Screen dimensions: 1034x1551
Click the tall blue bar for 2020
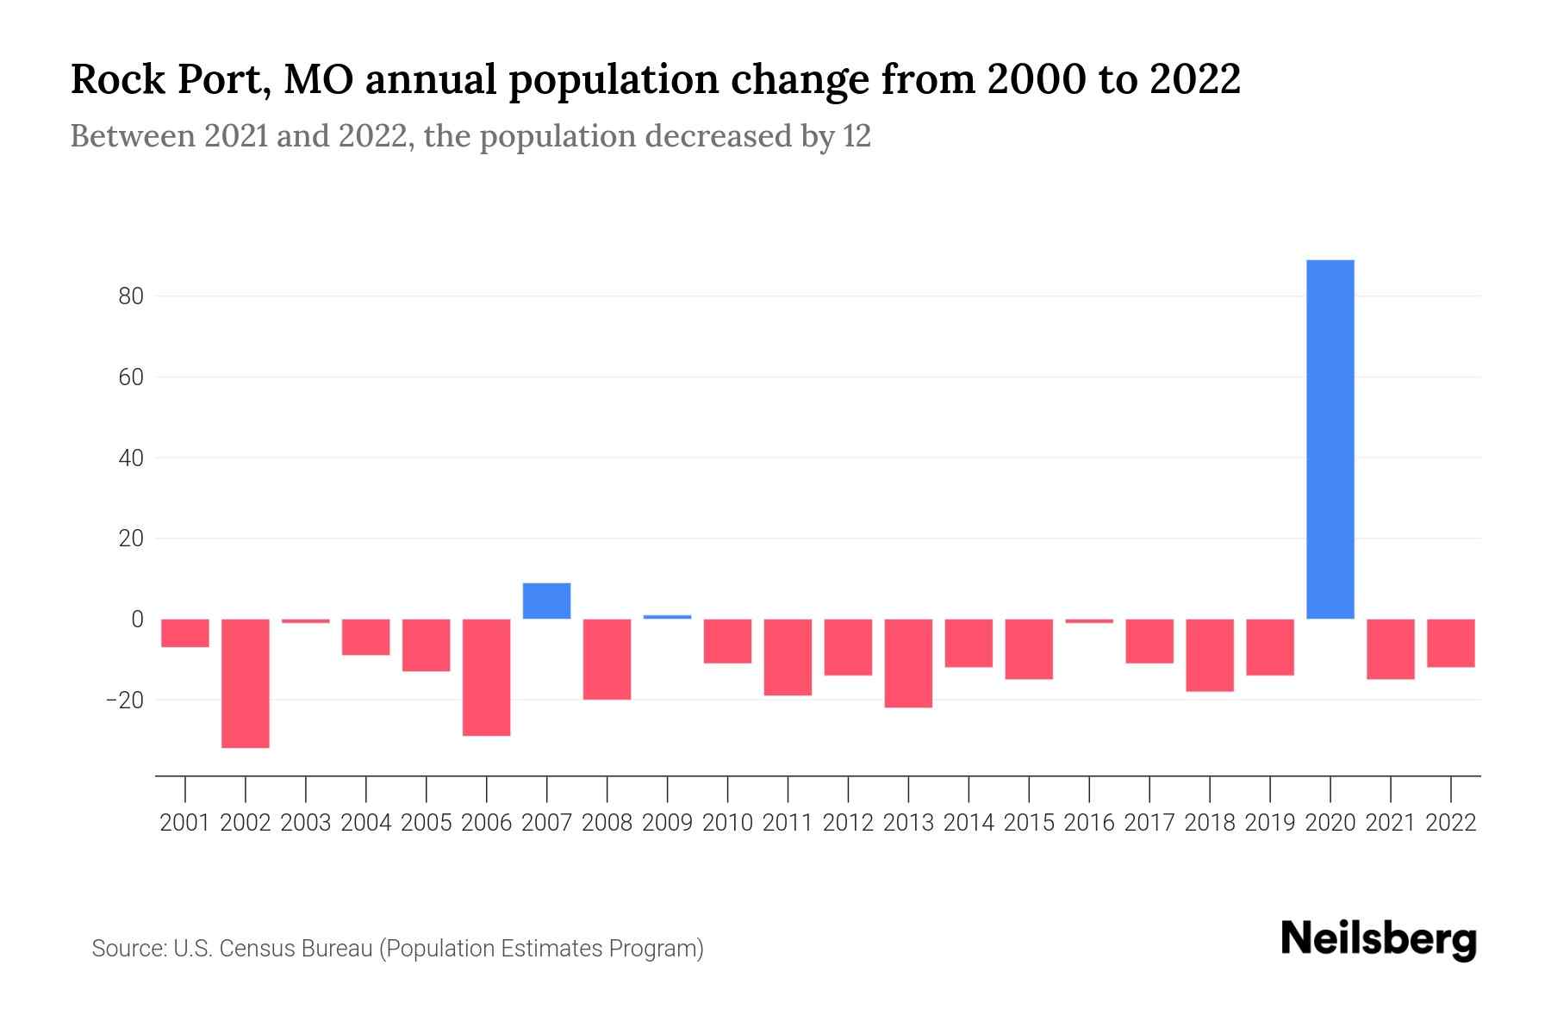[1330, 439]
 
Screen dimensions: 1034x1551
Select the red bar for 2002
[246, 682]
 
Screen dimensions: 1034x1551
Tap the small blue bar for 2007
[546, 601]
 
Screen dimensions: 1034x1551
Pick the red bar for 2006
[487, 676]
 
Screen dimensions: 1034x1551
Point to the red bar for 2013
[908, 663]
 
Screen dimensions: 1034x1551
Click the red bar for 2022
[1451, 643]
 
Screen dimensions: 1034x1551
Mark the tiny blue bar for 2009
[667, 616]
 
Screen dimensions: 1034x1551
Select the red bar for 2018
[1210, 655]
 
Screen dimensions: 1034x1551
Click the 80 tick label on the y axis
[131, 296]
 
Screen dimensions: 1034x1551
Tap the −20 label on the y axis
[125, 700]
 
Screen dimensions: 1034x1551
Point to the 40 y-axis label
[131, 458]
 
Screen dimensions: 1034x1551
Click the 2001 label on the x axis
[185, 823]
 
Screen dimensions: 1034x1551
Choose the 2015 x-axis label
[1029, 823]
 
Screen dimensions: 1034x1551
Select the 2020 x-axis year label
[1330, 823]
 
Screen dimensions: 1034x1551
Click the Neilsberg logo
[1379, 940]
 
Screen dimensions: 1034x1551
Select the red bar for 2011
[788, 657]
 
